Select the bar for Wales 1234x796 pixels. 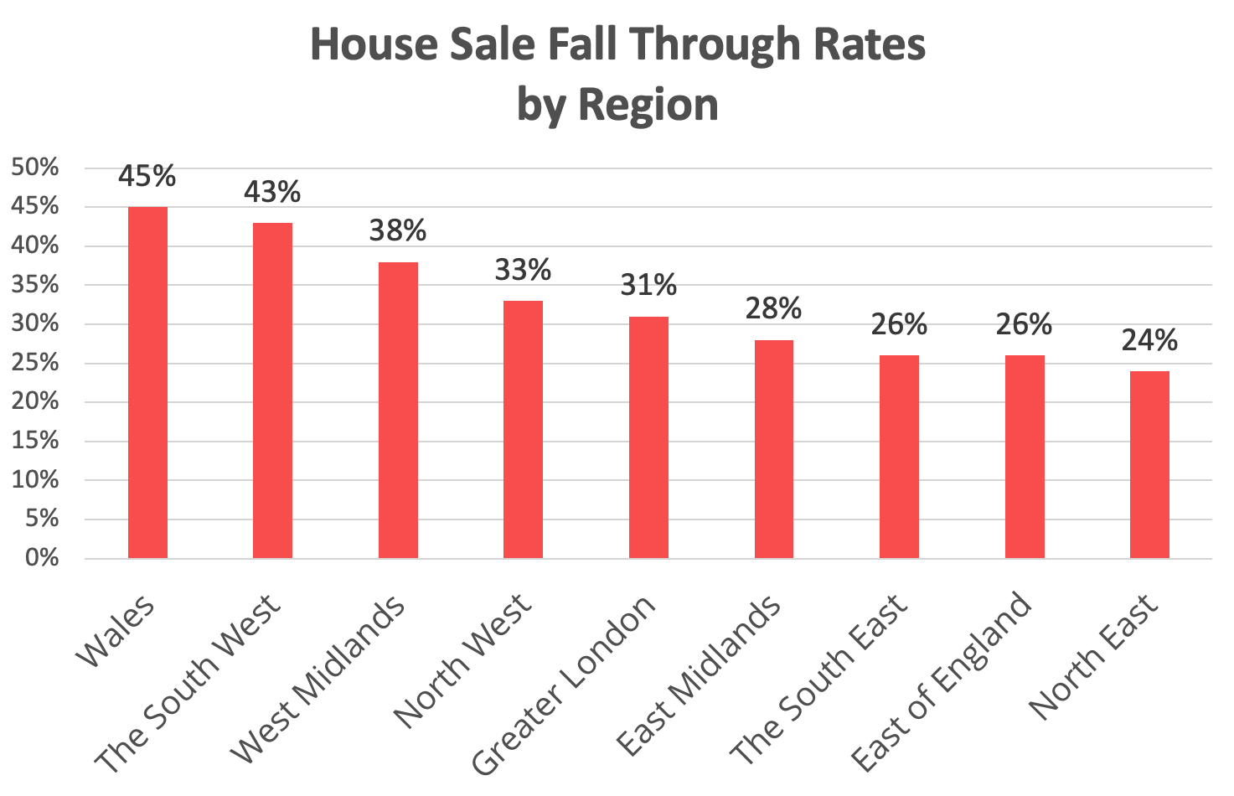pyautogui.click(x=147, y=382)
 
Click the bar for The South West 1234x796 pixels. pyautogui.click(x=272, y=390)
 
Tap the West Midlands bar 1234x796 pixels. pyautogui.click(x=398, y=410)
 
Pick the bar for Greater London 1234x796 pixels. pyautogui.click(x=648, y=437)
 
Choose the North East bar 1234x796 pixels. pyautogui.click(x=1149, y=464)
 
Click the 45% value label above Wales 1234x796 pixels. pyautogui.click(x=147, y=177)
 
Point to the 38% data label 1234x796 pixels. pyautogui.click(x=398, y=230)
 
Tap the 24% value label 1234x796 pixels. pyautogui.click(x=1149, y=340)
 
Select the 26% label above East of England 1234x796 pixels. pyautogui.click(x=1024, y=324)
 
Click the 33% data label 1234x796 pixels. pyautogui.click(x=523, y=270)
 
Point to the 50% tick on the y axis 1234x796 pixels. pyautogui.click(x=36, y=168)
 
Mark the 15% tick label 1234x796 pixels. pyautogui.click(x=36, y=441)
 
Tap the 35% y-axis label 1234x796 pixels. pyautogui.click(x=36, y=285)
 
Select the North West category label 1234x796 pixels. pyautogui.click(x=463, y=660)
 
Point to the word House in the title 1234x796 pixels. pyautogui.click(x=373, y=45)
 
